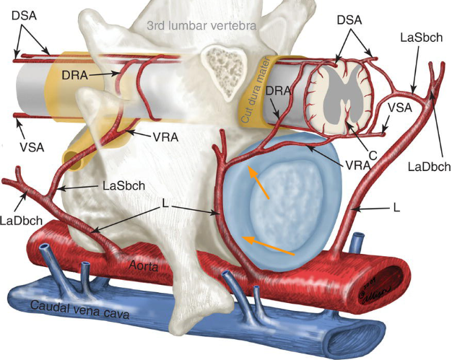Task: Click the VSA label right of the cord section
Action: click(399, 108)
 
